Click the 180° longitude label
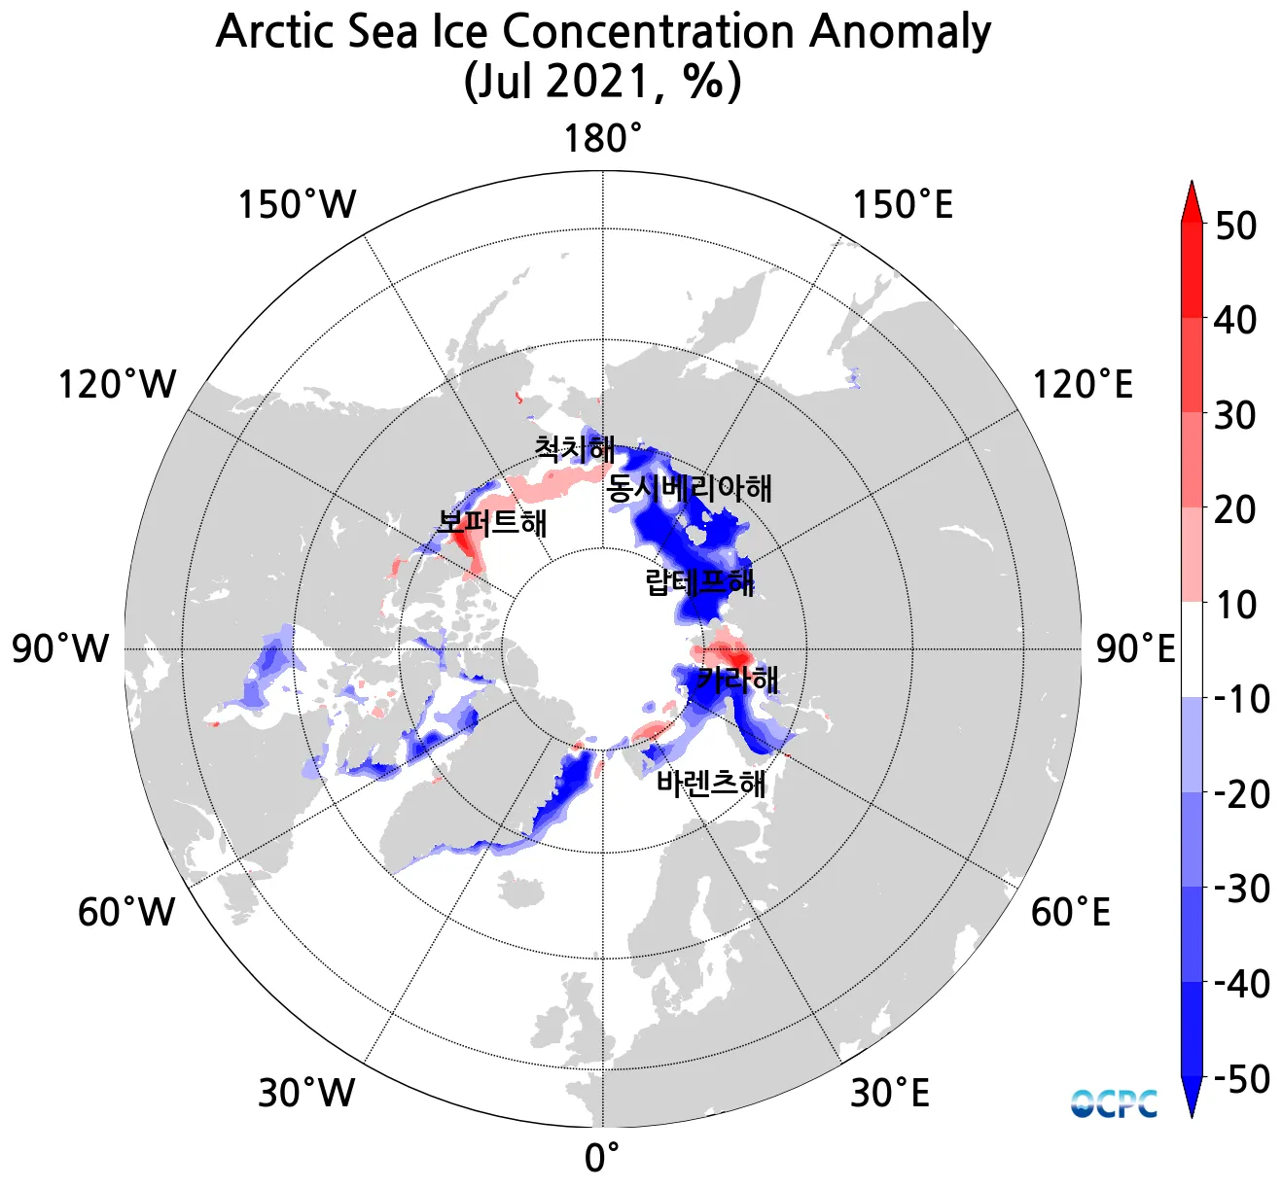pyautogui.click(x=603, y=139)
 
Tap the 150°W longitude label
pyautogui.click(x=297, y=206)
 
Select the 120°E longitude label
pyautogui.click(x=1082, y=385)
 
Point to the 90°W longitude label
pyautogui.click(x=60, y=648)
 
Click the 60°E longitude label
pyautogui.click(x=1070, y=912)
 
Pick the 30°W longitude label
pyautogui.click(x=306, y=1094)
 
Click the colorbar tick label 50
pyautogui.click(x=1235, y=226)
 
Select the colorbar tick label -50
pyautogui.click(x=1241, y=1079)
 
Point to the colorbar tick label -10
pyautogui.click(x=1241, y=699)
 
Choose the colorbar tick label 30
pyautogui.click(x=1235, y=415)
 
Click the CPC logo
pyautogui.click(x=1114, y=1103)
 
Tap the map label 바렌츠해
pyautogui.click(x=711, y=783)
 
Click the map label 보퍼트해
pyautogui.click(x=492, y=523)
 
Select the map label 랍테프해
pyautogui.click(x=699, y=582)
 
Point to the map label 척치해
pyautogui.click(x=574, y=449)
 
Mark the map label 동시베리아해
pyautogui.click(x=690, y=487)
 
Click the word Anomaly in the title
pyautogui.click(x=900, y=31)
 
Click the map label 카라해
pyautogui.click(x=737, y=679)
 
